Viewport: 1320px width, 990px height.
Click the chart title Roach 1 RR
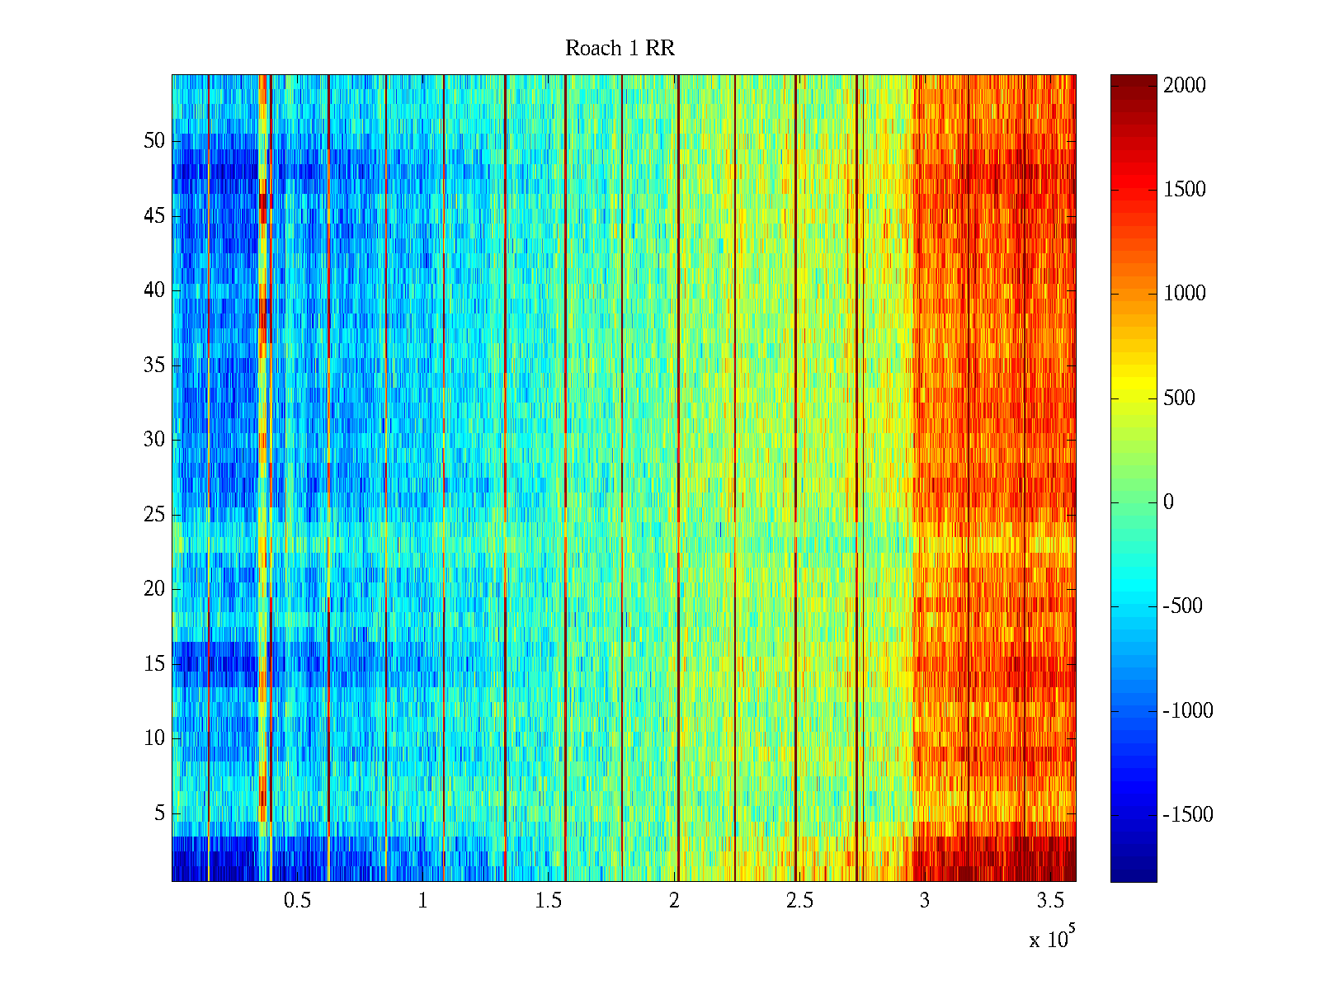[620, 49]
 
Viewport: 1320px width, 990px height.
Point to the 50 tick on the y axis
[154, 141]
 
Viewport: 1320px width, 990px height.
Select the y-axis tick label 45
[154, 216]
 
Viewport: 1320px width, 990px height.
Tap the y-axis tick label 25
[154, 515]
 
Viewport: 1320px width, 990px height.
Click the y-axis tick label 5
[159, 813]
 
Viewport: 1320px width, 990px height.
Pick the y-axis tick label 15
[154, 664]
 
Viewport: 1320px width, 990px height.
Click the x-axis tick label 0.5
[297, 901]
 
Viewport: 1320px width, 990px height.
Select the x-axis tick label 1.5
[548, 901]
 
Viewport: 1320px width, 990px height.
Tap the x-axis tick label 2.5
[799, 901]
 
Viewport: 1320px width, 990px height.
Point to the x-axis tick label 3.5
[1050, 901]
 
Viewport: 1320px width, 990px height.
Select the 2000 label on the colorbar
[1185, 86]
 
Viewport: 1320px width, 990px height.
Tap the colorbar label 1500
[1185, 190]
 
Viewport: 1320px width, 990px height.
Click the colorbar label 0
[1168, 502]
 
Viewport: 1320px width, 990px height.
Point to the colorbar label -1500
[1188, 815]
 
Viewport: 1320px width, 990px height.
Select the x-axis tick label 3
[925, 901]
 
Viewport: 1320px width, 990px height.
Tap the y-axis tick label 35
[154, 365]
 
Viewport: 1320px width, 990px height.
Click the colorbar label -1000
[1188, 711]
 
